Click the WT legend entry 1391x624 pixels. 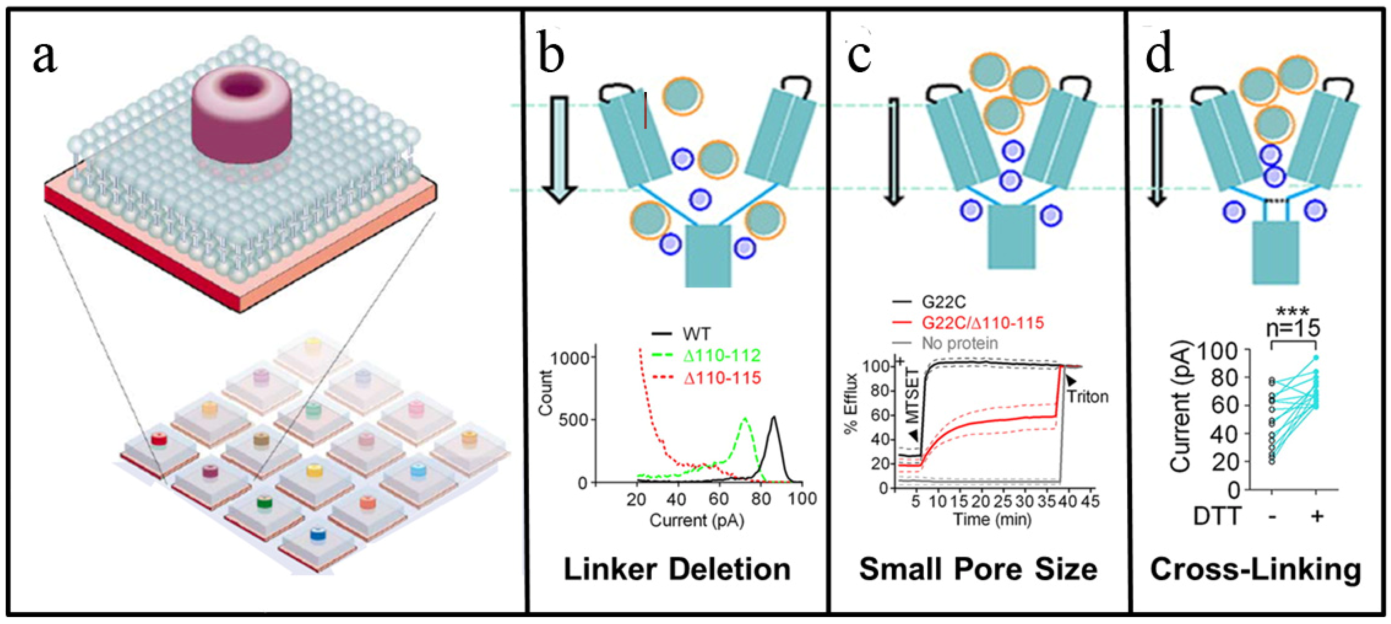(696, 334)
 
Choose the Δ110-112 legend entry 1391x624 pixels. (721, 355)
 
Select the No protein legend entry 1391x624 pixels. (960, 343)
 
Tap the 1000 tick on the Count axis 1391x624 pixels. (567, 358)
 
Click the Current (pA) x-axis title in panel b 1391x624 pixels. (697, 520)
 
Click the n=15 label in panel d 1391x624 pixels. (1293, 328)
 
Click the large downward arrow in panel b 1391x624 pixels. (559, 149)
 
